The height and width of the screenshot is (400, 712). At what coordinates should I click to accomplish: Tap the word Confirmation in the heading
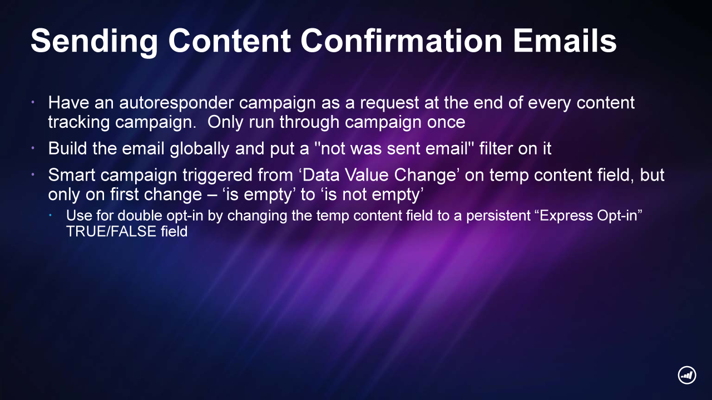tap(402, 41)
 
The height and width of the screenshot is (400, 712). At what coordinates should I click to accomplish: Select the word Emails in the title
tap(565, 41)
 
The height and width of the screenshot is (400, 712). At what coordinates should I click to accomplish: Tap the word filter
tap(496, 148)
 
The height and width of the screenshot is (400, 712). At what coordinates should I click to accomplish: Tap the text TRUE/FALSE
tap(111, 232)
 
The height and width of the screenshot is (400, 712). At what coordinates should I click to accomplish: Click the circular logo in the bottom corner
tap(687, 375)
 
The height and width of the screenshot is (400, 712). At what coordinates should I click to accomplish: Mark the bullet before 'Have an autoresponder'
tap(33, 102)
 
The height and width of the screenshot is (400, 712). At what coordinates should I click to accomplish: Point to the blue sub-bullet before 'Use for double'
tap(50, 216)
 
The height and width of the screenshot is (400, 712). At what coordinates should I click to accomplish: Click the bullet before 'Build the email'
tap(33, 148)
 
